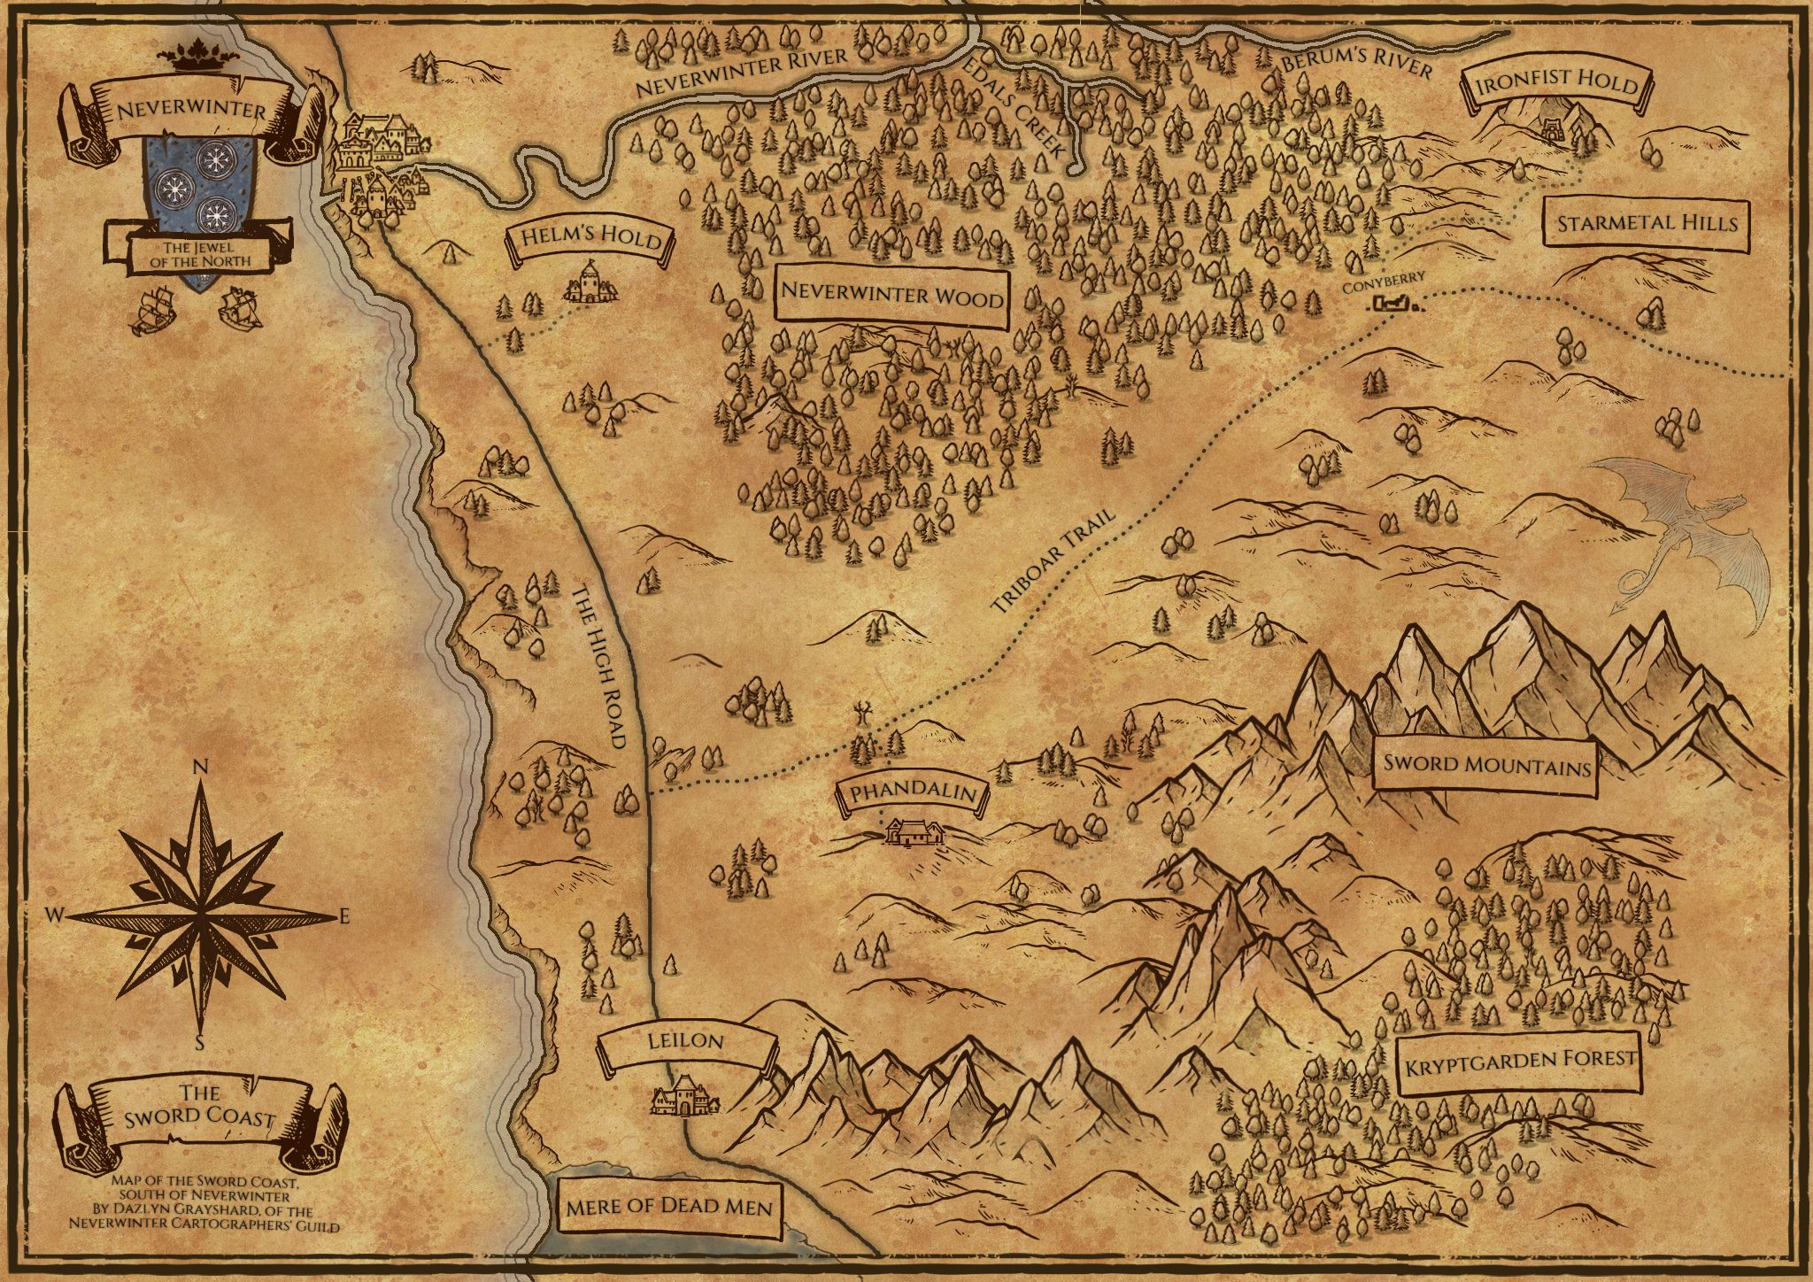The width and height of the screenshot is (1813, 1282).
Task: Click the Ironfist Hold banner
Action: click(1556, 85)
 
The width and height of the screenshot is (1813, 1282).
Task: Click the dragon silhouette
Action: click(1682, 531)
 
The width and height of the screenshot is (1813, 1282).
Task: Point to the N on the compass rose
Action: click(200, 768)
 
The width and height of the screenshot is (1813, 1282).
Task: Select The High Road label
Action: click(600, 666)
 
